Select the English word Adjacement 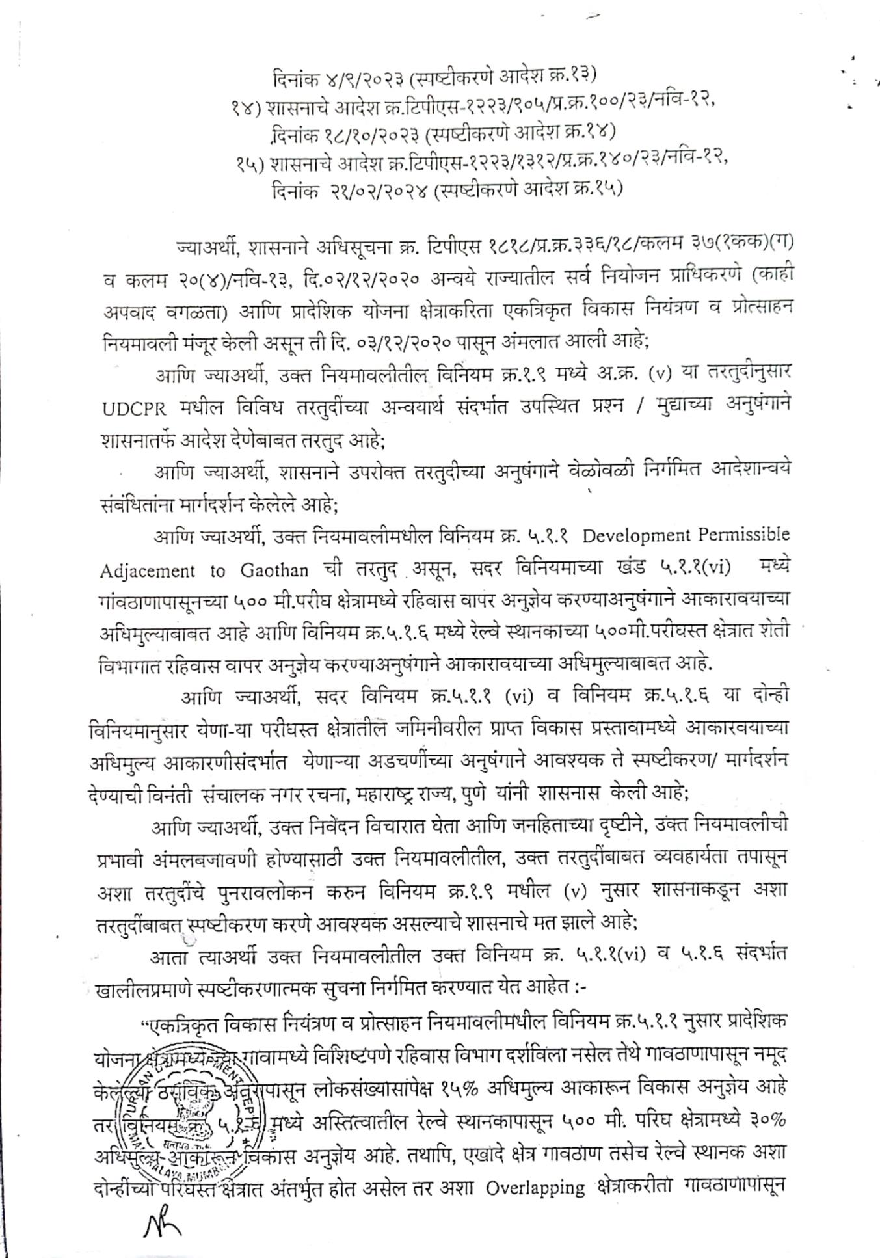tap(147, 572)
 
